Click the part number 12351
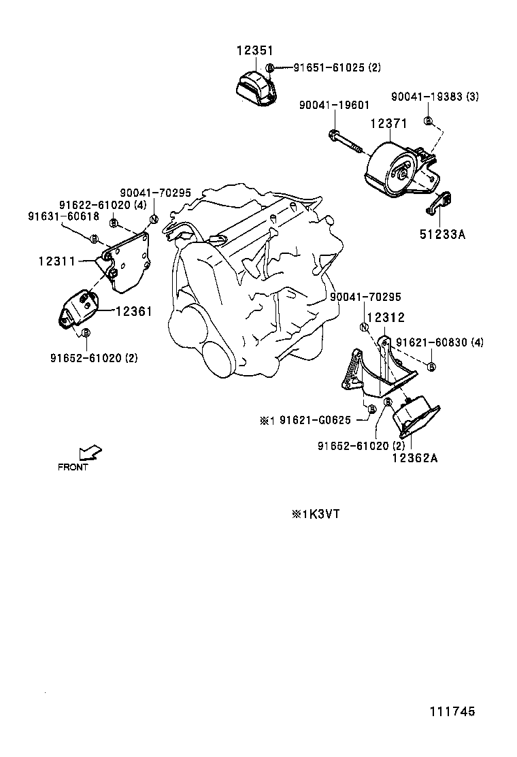pyautogui.click(x=254, y=50)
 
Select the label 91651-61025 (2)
pyautogui.click(x=337, y=67)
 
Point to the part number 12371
pyautogui.click(x=388, y=124)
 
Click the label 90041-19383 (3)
pyautogui.click(x=435, y=97)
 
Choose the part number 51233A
pyautogui.click(x=442, y=235)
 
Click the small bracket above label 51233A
pyautogui.click(x=439, y=202)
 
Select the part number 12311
pyautogui.click(x=57, y=261)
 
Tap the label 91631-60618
pyautogui.click(x=64, y=216)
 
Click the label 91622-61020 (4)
pyautogui.click(x=103, y=205)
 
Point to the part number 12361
pyautogui.click(x=133, y=311)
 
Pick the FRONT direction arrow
pyautogui.click(x=90, y=453)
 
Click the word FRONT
pyautogui.click(x=73, y=467)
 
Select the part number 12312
pyautogui.click(x=386, y=318)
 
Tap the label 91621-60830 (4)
pyautogui.click(x=440, y=342)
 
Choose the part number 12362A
pyautogui.click(x=415, y=457)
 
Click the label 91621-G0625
pyautogui.click(x=316, y=420)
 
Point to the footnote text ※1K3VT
pyautogui.click(x=316, y=514)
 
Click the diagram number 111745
pyautogui.click(x=452, y=711)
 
